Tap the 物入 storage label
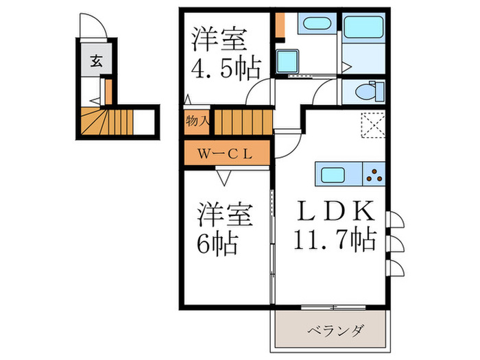pos(197,121)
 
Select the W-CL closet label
pos(226,153)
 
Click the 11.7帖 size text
pos(335,239)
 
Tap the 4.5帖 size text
pos(225,69)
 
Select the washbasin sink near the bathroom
pos(316,26)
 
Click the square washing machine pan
pos(287,60)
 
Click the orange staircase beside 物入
pos(240,121)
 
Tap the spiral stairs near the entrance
pos(96,123)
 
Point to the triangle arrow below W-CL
pos(224,176)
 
